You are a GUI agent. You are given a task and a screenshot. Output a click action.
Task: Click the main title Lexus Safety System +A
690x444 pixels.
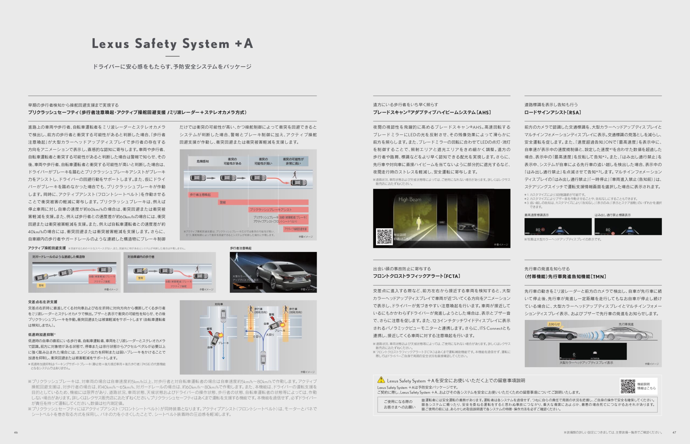172,44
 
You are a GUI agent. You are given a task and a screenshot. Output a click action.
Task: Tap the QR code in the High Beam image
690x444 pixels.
384,237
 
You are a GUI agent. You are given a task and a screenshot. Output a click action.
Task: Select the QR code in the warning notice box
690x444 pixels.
627,386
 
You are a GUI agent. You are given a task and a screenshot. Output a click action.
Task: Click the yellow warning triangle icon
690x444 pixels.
381,380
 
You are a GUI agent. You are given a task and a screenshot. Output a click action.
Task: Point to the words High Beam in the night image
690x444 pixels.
410,199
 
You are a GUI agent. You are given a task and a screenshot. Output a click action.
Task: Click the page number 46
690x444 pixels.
16,432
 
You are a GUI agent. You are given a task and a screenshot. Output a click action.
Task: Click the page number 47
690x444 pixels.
674,432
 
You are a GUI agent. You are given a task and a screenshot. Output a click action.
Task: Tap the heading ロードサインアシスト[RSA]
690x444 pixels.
553,112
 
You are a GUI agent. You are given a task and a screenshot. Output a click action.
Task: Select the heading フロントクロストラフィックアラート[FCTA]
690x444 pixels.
417,276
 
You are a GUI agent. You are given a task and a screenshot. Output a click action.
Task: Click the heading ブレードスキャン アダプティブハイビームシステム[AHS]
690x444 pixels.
432,112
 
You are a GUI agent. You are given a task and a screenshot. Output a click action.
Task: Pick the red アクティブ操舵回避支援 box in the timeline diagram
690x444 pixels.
296,229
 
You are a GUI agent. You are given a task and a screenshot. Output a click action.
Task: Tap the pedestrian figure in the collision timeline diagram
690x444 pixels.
294,175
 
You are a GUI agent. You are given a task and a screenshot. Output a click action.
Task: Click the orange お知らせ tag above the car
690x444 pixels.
554,324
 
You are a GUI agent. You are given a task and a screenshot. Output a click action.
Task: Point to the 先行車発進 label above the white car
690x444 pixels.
626,324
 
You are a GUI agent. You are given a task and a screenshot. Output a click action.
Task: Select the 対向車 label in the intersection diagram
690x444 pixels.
219,304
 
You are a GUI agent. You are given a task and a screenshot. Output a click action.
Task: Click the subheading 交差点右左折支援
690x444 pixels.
43,302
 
